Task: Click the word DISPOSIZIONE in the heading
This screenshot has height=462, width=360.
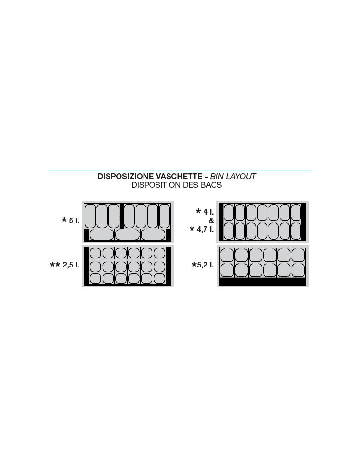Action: (x=125, y=176)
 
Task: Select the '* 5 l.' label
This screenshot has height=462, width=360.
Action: (x=71, y=220)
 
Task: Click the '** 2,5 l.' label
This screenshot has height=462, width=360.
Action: (x=65, y=265)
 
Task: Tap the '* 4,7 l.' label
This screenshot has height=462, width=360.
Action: (x=202, y=229)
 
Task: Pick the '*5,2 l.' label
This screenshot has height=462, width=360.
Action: (x=203, y=265)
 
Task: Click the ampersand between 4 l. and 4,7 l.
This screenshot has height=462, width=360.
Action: (x=211, y=220)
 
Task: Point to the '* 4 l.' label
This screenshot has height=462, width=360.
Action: (x=205, y=212)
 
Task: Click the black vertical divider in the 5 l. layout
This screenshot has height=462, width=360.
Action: (x=121, y=216)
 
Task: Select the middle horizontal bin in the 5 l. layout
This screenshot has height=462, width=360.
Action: (x=127, y=235)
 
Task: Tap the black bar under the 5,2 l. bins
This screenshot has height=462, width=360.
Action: (x=263, y=282)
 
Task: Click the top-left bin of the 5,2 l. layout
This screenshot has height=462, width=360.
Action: (x=227, y=255)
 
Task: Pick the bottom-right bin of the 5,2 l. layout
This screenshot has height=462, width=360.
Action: (x=298, y=270)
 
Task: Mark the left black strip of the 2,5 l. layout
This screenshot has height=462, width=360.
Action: (x=86, y=266)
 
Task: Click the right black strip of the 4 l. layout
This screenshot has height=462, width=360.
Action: (x=304, y=221)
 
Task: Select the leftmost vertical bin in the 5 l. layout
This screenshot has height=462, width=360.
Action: (x=90, y=216)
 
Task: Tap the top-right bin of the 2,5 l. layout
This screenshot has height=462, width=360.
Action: (x=159, y=253)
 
